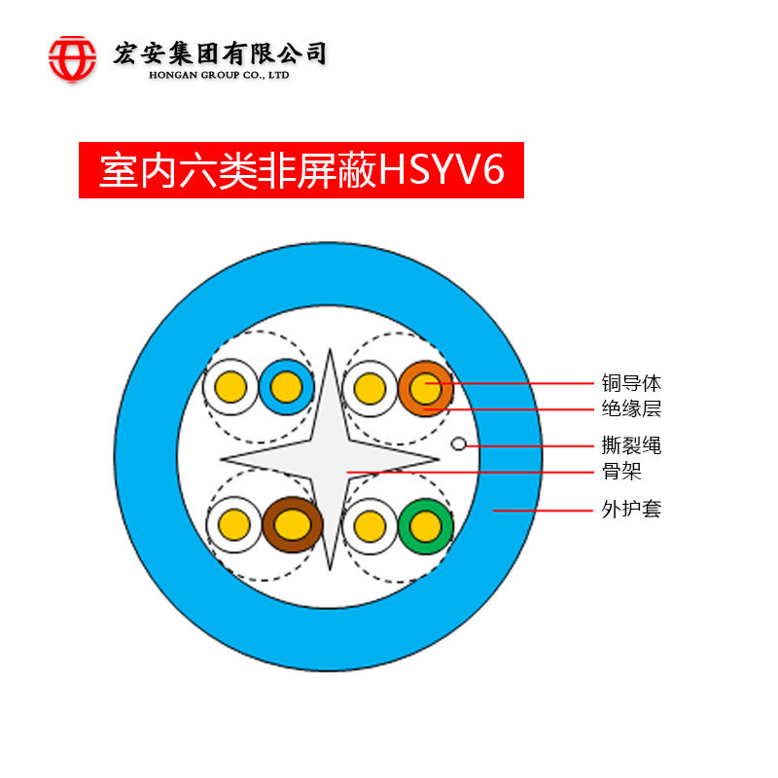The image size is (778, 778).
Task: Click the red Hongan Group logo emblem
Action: point(73,57)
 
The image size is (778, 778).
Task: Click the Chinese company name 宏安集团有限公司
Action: point(220,53)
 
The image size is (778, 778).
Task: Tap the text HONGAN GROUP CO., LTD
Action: point(219,75)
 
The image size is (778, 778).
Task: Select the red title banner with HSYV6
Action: point(301,170)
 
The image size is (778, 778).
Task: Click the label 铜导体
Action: point(631,383)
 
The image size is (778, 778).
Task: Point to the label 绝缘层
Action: point(631,408)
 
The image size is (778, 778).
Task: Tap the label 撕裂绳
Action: point(631,446)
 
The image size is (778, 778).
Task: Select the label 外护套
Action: point(631,509)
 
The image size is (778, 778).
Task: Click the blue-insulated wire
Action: point(286,388)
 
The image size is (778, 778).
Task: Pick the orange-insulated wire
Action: point(425,388)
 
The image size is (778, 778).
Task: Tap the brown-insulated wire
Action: point(292,525)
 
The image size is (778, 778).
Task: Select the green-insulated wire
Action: point(425,525)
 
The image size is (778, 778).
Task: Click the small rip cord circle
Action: point(459,444)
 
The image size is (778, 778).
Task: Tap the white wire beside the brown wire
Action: point(234,525)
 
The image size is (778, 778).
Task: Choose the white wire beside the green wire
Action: point(370,525)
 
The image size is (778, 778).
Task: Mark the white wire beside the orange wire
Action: point(370,388)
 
